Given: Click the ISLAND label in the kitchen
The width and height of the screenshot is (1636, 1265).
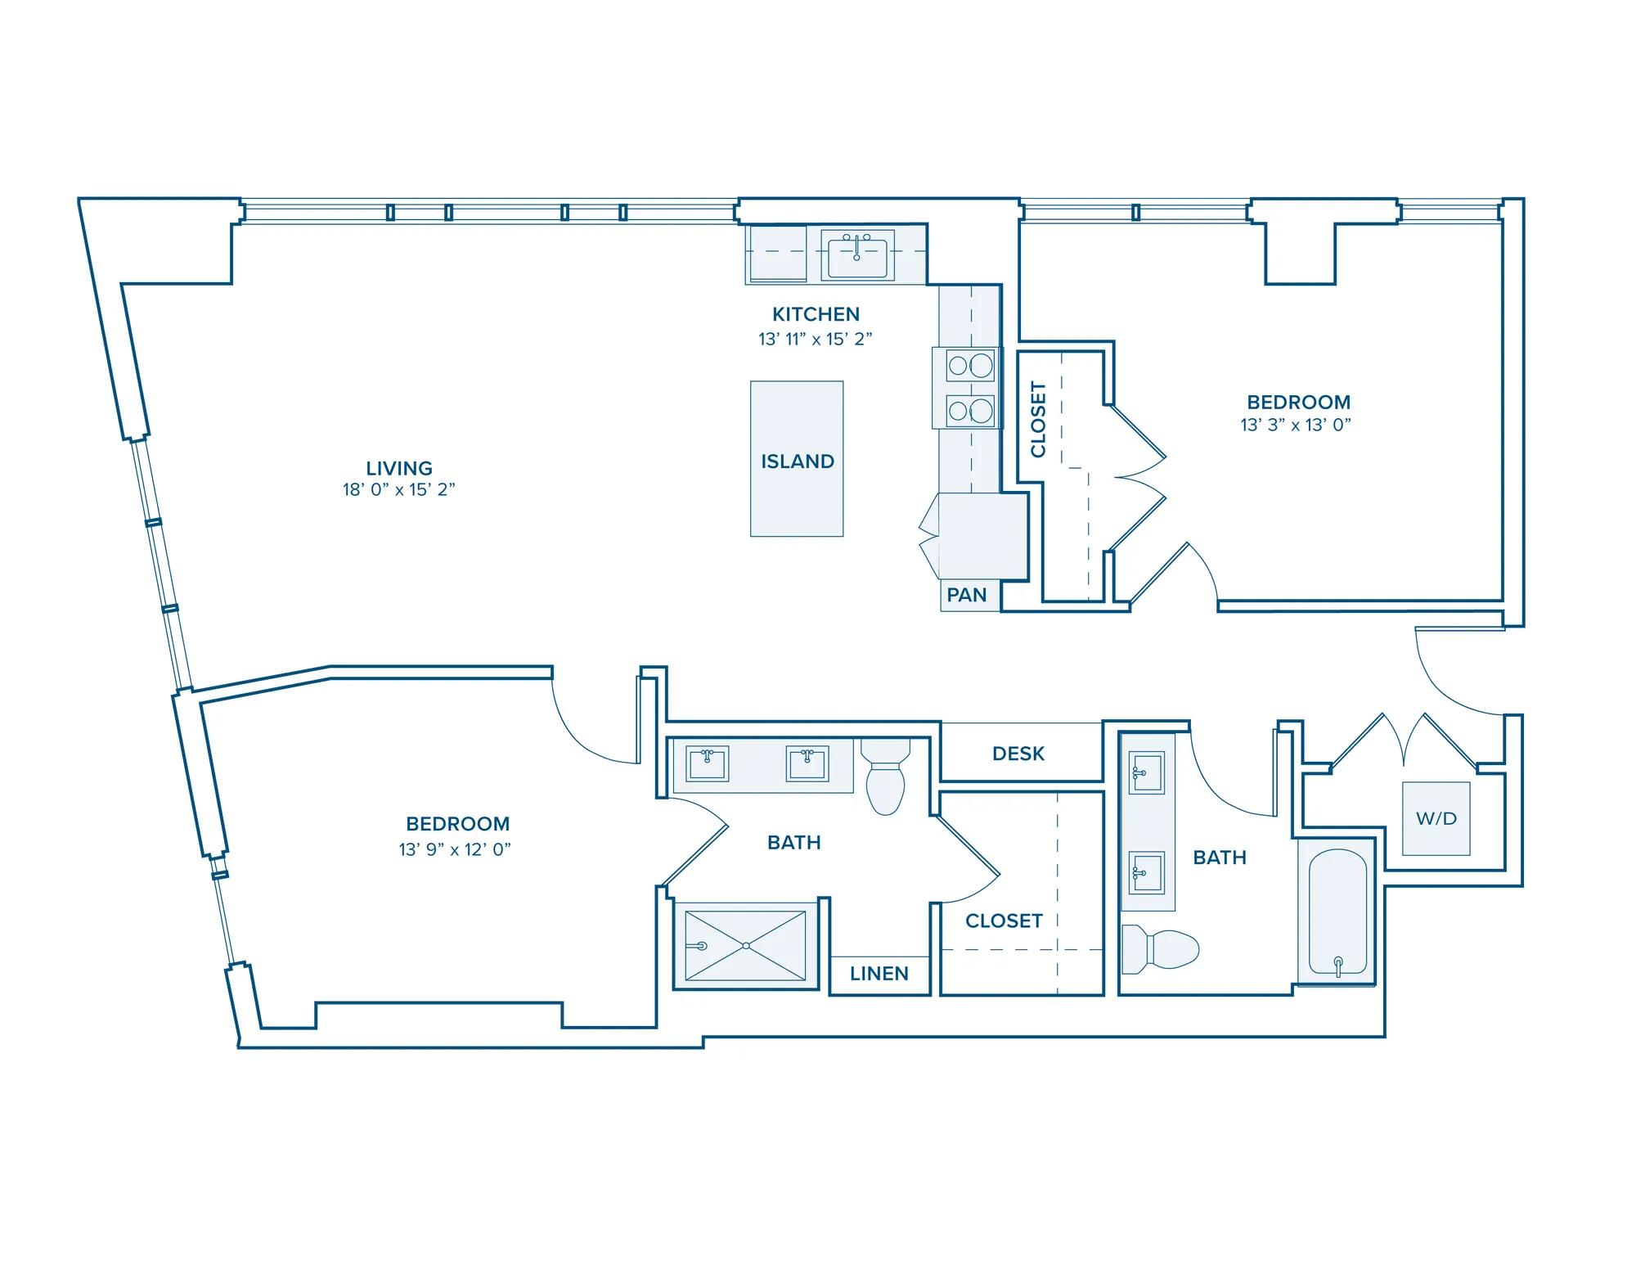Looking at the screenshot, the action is coord(798,461).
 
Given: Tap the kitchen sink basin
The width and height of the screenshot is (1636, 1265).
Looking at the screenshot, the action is coord(856,255).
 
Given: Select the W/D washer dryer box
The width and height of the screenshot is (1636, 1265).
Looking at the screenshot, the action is coord(1436,818).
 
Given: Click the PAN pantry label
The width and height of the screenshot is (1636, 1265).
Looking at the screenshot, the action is coord(967,595).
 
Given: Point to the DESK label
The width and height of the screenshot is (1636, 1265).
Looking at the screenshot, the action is coord(1018,754).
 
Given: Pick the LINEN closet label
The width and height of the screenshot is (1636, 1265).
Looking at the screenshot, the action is coord(879,974).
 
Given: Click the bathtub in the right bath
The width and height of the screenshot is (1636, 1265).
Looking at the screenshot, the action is coord(1337,913).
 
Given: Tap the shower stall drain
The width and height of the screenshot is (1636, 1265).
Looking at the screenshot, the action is coord(746,946).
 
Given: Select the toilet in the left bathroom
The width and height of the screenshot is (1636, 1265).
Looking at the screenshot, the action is coord(885,777).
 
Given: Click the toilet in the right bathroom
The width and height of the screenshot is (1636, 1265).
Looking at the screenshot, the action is coord(1160,950).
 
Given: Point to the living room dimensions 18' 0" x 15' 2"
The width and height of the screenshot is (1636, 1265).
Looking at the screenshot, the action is coord(398,490).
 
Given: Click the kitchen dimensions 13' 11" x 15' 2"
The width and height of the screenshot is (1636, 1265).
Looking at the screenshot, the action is coord(816,339).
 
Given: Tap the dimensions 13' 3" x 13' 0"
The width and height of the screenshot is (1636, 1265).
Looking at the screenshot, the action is coord(1296,425).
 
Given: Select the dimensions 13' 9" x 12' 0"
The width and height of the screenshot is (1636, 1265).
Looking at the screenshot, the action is coord(455,849).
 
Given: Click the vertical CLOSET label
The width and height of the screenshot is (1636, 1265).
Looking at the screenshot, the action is coord(1039,419).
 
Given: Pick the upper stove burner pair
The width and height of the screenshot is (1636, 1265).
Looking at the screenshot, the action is coord(970,365).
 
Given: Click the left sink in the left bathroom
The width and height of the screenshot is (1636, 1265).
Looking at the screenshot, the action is coord(707,764).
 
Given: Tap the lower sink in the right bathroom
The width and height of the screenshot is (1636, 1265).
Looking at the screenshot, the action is coord(1147,872).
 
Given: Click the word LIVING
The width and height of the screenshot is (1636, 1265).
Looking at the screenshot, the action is coord(399,469).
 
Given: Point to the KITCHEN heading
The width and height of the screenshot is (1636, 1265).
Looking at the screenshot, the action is coord(816,314).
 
